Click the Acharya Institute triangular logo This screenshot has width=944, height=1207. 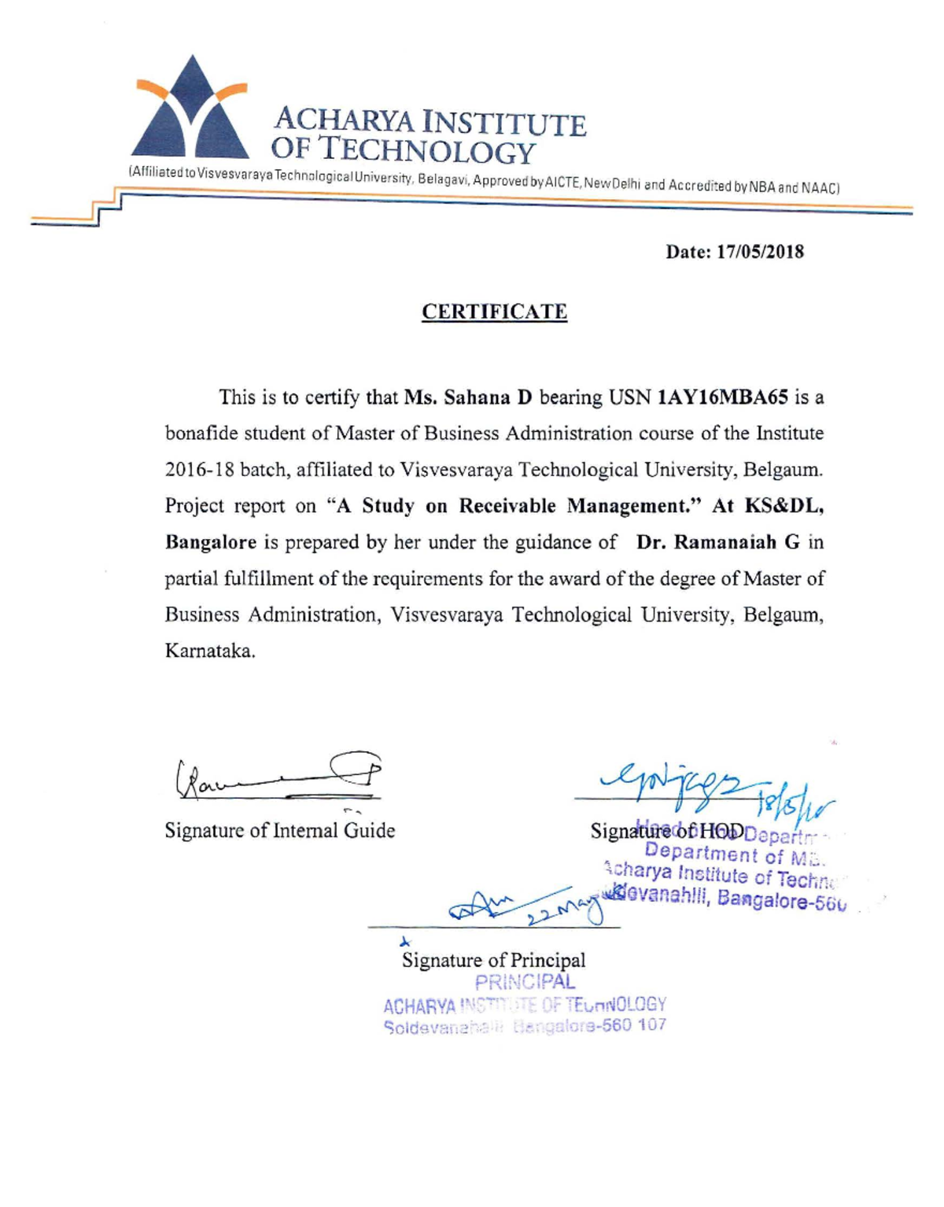[191, 110]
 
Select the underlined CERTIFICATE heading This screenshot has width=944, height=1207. [494, 312]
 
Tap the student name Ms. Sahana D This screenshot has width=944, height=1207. [468, 397]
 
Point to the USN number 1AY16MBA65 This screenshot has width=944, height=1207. [722, 397]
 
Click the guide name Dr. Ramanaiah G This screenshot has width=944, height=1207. [717, 542]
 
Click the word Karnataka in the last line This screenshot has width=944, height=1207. [209, 651]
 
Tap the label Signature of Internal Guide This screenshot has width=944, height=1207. [279, 831]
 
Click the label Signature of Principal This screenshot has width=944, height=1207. [493, 960]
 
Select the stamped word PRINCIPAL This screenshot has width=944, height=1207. [525, 982]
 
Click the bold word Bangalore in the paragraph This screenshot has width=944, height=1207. [210, 542]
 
